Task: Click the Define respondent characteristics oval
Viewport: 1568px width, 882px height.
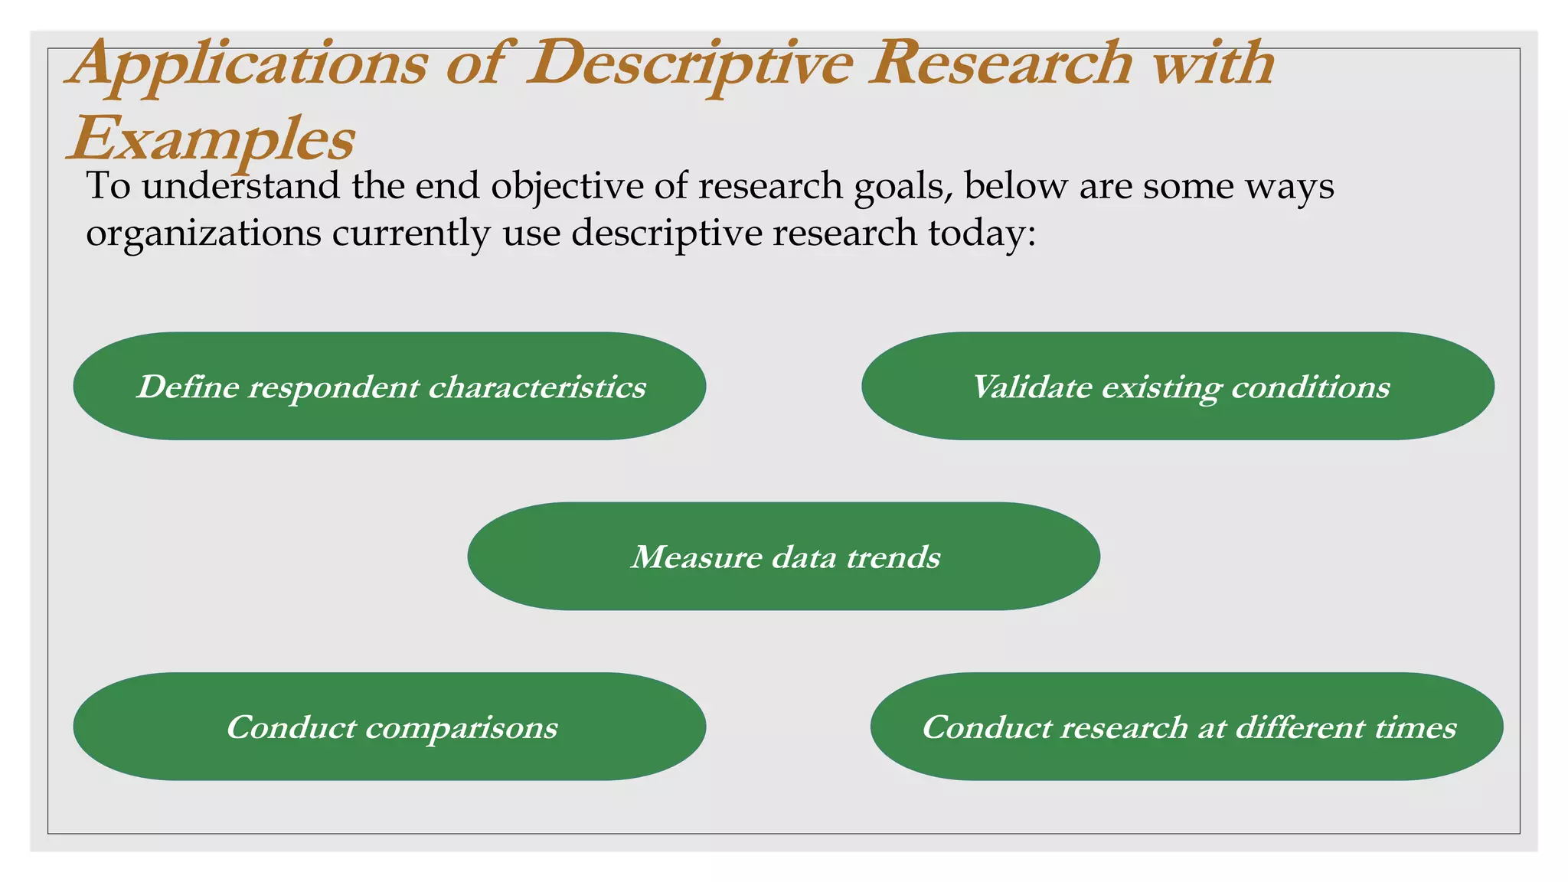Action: click(x=389, y=386)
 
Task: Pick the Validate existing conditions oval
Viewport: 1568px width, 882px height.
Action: click(x=1178, y=386)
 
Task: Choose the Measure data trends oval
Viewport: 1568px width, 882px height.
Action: click(x=783, y=556)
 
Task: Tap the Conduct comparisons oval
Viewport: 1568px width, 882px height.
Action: click(x=389, y=726)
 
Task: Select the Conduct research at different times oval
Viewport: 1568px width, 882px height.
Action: click(x=1187, y=726)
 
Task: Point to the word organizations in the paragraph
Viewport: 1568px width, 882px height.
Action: click(x=203, y=234)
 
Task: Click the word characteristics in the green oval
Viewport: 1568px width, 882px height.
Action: click(x=537, y=387)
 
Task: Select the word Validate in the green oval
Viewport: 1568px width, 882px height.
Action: click(x=1032, y=387)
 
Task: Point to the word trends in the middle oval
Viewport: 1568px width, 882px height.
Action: click(x=893, y=557)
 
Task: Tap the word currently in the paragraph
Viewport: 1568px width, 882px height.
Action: click(x=410, y=234)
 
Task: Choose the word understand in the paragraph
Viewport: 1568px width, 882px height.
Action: click(x=240, y=186)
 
